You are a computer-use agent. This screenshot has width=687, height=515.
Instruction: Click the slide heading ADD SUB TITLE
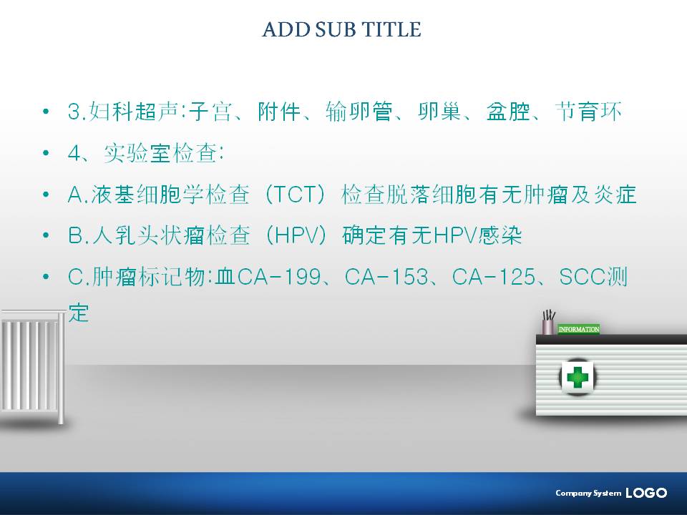click(342, 29)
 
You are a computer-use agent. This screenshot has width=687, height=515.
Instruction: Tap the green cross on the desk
click(577, 377)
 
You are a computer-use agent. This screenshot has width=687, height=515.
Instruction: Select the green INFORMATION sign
click(578, 329)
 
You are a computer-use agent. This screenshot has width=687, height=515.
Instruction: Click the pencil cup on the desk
click(547, 323)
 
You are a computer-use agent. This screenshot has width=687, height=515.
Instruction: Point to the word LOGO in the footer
click(646, 493)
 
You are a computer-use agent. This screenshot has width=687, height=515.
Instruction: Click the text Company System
click(588, 493)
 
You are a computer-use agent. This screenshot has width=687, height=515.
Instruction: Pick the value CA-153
click(386, 278)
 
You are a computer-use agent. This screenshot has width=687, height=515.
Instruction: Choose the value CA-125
click(493, 278)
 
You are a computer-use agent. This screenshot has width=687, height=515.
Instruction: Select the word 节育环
click(588, 112)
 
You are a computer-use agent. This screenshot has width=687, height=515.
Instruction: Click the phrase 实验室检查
click(160, 153)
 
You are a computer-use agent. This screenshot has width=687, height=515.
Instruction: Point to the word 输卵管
click(359, 112)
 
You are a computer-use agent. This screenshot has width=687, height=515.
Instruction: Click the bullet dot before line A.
click(46, 195)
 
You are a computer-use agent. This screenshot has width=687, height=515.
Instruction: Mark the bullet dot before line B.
click(46, 235)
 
